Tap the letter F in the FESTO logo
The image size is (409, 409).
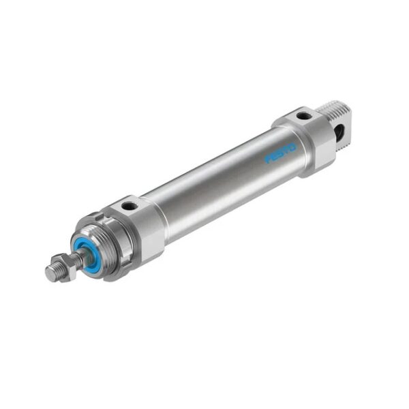point(269,159)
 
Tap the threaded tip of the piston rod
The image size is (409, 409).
point(52,271)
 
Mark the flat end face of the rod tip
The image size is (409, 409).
point(48,274)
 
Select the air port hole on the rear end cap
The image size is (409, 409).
point(301,116)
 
